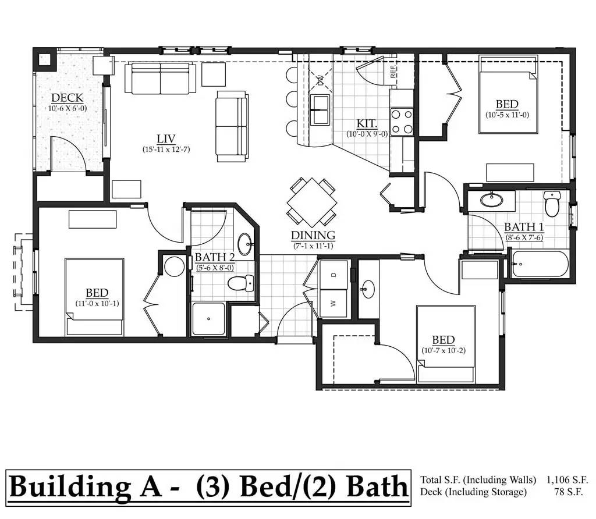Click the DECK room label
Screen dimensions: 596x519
pyautogui.click(x=68, y=98)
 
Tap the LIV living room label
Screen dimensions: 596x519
pyautogui.click(x=166, y=138)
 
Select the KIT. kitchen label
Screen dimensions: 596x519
pyautogui.click(x=367, y=123)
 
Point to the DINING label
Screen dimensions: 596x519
pyautogui.click(x=313, y=236)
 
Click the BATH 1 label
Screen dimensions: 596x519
pyautogui.click(x=524, y=227)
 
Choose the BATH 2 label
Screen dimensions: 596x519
pyautogui.click(x=215, y=257)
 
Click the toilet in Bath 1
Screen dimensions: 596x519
pyautogui.click(x=552, y=203)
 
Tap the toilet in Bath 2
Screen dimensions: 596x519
pyautogui.click(x=240, y=283)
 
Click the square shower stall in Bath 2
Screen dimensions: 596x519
pyautogui.click(x=208, y=319)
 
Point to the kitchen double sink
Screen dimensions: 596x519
pyautogui.click(x=320, y=110)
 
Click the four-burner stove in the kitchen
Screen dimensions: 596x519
pyautogui.click(x=402, y=122)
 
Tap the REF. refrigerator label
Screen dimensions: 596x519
pyautogui.click(x=393, y=72)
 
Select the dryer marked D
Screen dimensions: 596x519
pyautogui.click(x=334, y=275)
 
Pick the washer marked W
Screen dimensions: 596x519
pyautogui.click(x=334, y=303)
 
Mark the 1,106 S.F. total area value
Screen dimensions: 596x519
pyautogui.click(x=567, y=480)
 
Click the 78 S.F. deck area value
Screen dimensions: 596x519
pyautogui.click(x=568, y=492)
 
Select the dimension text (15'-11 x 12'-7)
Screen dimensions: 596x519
pyautogui.click(x=166, y=150)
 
